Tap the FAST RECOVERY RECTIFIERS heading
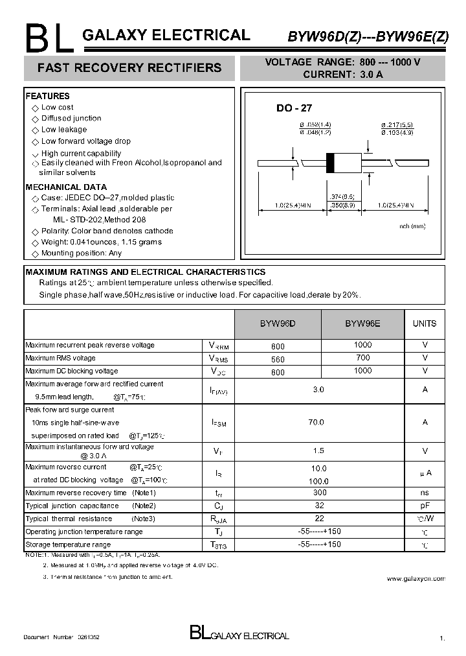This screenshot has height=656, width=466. point(129,67)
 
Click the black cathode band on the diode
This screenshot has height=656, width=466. point(330,162)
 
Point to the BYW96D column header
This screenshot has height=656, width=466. point(278,323)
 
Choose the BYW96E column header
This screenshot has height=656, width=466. point(362,323)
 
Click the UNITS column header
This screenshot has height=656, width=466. point(425,323)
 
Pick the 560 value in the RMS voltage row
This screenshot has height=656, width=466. point(278,358)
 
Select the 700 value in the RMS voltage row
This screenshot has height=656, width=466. point(363,358)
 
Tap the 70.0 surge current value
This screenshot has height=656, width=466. point(316,422)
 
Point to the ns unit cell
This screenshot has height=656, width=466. point(425,493)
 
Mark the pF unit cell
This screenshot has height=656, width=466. point(425,506)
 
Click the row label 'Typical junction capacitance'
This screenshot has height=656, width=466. point(72,506)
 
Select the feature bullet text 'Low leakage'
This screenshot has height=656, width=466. point(63,130)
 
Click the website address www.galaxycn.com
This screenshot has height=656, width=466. point(416,578)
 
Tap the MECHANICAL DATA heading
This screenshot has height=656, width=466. point(66,187)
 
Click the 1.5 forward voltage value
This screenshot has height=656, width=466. point(318,451)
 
